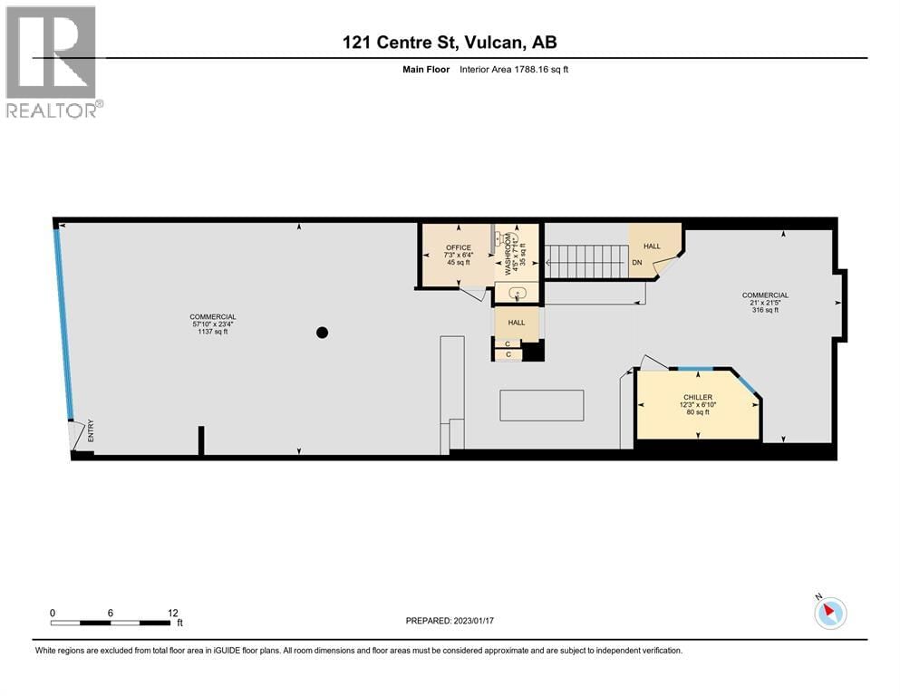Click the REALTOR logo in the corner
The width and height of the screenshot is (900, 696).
coord(51,61)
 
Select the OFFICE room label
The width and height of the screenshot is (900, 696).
coord(458,247)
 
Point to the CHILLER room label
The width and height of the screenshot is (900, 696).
coord(698,397)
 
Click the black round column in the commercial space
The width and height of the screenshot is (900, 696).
coord(322,333)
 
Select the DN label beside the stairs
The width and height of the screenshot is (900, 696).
coord(637,263)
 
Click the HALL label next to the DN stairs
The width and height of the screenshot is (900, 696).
coord(653,246)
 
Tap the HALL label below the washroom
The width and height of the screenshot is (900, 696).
coord(517,323)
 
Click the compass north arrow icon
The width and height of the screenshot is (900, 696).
coord(829,613)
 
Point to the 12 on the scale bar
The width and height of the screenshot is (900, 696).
coord(173,613)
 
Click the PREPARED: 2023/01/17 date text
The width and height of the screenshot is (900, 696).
coord(450,621)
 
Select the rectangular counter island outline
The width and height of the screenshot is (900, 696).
coord(541,405)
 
